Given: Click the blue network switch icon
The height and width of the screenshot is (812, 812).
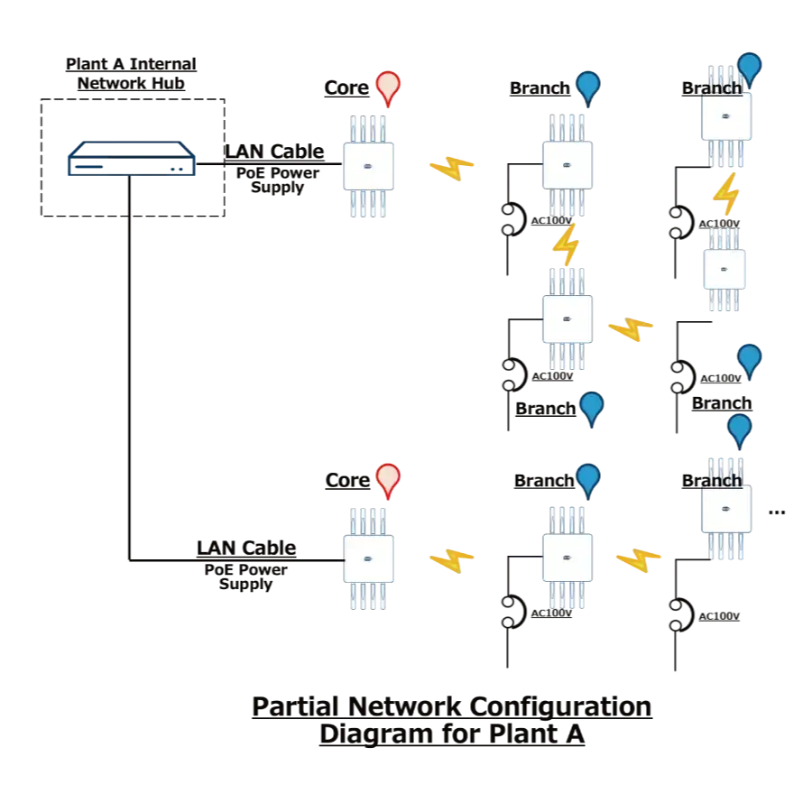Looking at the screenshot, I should point(131,161).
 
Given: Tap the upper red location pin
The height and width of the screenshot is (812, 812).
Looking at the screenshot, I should point(388,87).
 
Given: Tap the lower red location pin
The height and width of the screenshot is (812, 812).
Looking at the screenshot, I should point(388,479).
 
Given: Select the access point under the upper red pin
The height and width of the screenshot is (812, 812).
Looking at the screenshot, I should point(368,167).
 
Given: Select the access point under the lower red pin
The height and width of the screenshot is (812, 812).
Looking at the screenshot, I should point(368,559).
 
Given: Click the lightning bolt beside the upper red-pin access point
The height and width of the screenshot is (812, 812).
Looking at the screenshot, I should point(451,167).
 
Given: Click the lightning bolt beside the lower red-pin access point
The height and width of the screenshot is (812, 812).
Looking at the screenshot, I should point(451,561).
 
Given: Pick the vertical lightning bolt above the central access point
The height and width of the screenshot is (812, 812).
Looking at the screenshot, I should point(566,245).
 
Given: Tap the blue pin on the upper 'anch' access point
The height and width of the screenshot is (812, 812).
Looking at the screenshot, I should point(749,65).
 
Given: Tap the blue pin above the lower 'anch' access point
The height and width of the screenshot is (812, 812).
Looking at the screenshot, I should point(739,428).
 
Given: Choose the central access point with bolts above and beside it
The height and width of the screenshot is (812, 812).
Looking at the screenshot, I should point(567,319).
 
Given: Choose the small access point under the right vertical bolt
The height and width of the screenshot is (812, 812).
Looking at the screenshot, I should point(724,269).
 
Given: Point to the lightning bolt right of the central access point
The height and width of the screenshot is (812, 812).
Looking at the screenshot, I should point(631,329).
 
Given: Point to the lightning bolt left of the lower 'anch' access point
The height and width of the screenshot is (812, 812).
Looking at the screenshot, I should point(638,560).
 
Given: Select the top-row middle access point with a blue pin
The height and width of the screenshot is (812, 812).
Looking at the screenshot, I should point(567,165).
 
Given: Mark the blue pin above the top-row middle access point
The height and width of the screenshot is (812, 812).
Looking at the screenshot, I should point(587,85).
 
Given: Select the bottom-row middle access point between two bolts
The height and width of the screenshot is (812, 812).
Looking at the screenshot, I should point(567,558).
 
